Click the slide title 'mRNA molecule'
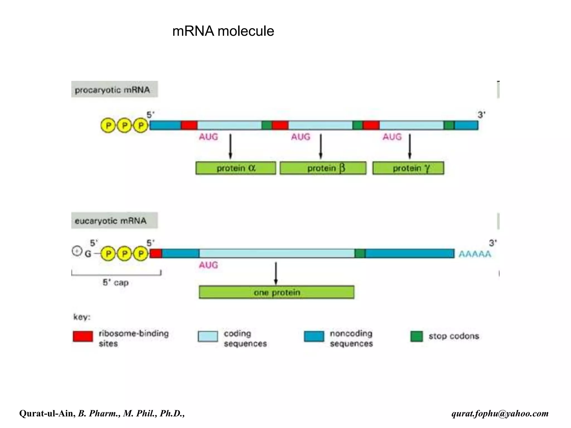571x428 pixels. tap(223, 31)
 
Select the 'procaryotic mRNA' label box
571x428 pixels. tap(115, 89)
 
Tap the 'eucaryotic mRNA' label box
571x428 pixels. tap(114, 221)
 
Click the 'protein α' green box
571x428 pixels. tap(236, 168)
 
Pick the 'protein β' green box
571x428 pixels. tap(323, 168)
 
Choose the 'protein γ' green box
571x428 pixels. tap(408, 168)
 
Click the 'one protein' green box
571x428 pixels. tap(277, 292)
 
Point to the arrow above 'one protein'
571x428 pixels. tap(276, 273)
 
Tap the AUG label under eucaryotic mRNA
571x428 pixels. tap(208, 265)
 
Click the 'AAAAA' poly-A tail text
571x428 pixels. tap(475, 254)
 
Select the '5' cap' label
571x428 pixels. tap(115, 283)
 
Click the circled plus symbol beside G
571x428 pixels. tap(77, 251)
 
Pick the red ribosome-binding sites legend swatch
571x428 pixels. tap(83, 336)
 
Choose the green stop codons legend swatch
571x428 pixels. tap(417, 336)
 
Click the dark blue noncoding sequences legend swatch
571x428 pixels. tap(314, 336)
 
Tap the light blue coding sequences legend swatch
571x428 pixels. tap(208, 336)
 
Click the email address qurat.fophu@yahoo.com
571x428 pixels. tap(500, 413)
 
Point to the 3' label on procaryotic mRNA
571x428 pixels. tap(482, 115)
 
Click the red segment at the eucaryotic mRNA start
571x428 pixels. tap(156, 254)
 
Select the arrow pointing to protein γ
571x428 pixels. tap(410, 146)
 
